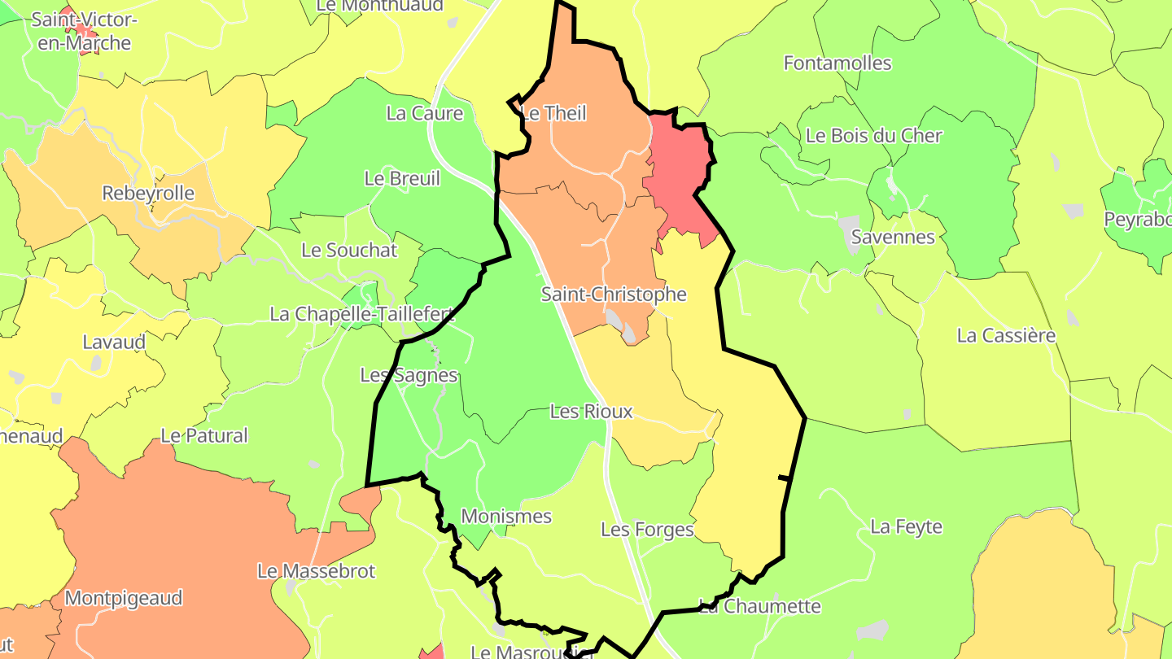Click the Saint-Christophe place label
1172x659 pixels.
coord(614,295)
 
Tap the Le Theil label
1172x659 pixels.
coord(553,113)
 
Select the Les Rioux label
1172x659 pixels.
coord(591,412)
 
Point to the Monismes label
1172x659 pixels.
coord(506,517)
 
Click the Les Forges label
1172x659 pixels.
coord(647,530)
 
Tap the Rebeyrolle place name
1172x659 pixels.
coord(148,194)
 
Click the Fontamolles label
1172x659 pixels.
coord(837,63)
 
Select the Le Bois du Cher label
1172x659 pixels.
coord(874,136)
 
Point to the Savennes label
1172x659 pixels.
coord(893,238)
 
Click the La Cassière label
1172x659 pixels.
coord(1006,335)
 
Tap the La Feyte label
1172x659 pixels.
coord(907,527)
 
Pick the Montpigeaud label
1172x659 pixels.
coord(124,599)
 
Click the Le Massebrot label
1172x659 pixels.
coord(316,571)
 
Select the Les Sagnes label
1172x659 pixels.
coord(409,376)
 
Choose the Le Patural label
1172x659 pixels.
coord(204,436)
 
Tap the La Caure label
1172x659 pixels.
coord(425,114)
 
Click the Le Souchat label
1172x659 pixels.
coord(349,251)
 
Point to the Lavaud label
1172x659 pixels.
coord(115,343)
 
